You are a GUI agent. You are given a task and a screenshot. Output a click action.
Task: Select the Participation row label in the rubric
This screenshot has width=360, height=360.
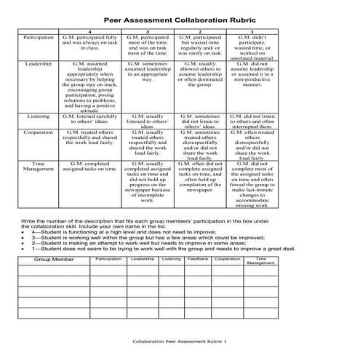pos(38,36)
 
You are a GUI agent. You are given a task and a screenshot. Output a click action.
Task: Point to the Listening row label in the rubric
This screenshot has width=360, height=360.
pos(38,116)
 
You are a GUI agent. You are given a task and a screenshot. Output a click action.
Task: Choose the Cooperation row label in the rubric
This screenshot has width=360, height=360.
pos(38,132)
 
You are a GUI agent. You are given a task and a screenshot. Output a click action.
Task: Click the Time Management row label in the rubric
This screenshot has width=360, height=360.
pos(38,168)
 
